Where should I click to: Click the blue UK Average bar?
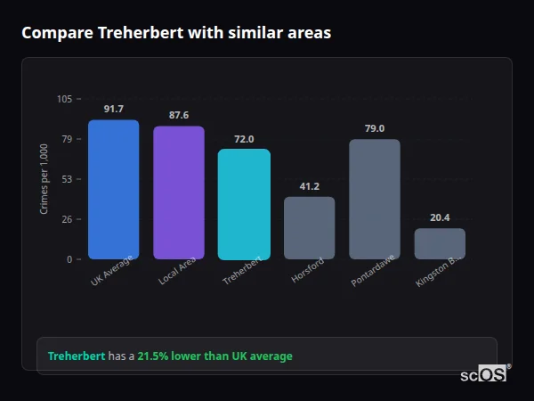click(x=113, y=189)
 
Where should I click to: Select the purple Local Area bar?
click(x=178, y=192)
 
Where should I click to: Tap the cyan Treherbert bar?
click(x=244, y=204)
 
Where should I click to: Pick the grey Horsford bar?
click(x=309, y=228)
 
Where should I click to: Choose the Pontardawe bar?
click(x=375, y=199)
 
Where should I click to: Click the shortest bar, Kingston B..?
click(x=440, y=243)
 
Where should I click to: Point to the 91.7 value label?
click(x=113, y=109)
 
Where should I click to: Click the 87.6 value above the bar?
click(x=178, y=115)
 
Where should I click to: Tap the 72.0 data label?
click(x=244, y=139)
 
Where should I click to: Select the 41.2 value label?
click(x=309, y=186)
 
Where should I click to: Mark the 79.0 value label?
click(x=375, y=128)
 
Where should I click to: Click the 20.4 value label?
click(x=440, y=217)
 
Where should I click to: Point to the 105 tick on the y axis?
click(x=64, y=99)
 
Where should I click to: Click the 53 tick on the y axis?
click(x=67, y=179)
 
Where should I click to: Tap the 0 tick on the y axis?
click(x=69, y=259)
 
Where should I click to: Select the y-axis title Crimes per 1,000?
click(x=44, y=179)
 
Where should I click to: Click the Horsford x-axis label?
click(x=308, y=270)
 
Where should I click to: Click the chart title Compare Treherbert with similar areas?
click(x=176, y=33)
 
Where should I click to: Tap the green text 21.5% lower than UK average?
click(x=214, y=356)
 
